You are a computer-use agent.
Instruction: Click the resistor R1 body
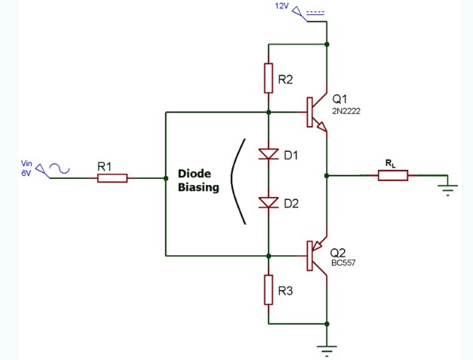point(112,178)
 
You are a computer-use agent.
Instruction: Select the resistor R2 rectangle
point(269,78)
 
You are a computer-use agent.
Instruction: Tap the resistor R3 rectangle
point(269,290)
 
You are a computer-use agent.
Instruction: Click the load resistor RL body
point(392,175)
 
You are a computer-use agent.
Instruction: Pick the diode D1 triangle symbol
point(269,155)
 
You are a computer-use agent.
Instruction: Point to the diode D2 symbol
point(269,202)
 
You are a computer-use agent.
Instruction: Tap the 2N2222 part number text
point(347,111)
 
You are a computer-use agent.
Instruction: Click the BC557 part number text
point(343,263)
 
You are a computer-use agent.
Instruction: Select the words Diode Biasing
point(198,180)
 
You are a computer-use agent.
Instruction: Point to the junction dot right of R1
point(165,178)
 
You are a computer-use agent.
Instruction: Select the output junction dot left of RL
point(327,175)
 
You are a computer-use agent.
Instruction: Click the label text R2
point(286,79)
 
